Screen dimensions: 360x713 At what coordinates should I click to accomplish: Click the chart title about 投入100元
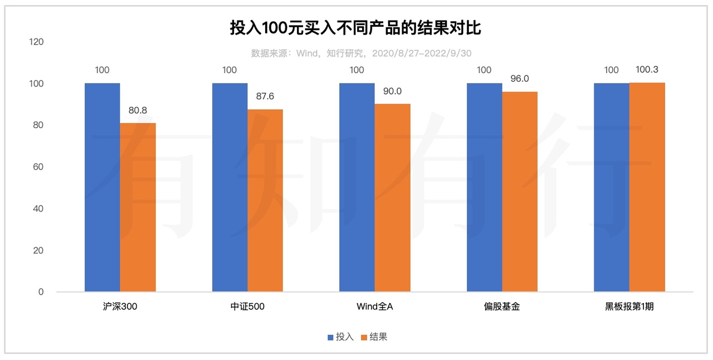[355, 27]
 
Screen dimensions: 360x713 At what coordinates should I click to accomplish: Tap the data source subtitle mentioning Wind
[361, 53]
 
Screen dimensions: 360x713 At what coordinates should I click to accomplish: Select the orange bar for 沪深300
[138, 207]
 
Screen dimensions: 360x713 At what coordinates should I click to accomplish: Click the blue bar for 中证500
[229, 187]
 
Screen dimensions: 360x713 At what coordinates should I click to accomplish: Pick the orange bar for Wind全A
[392, 197]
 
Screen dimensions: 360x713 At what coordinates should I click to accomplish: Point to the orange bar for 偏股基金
[520, 191]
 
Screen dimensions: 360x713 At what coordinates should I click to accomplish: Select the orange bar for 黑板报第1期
[647, 187]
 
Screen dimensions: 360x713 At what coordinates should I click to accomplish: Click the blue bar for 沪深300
[102, 187]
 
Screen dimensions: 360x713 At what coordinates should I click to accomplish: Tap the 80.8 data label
[138, 110]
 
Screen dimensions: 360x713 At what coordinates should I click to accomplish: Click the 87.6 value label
[265, 96]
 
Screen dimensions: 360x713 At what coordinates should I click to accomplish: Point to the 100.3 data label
[647, 70]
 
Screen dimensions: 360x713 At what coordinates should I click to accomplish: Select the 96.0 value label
[519, 79]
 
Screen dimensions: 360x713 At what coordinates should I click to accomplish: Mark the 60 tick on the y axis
[38, 167]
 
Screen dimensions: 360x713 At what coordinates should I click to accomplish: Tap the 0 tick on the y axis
[41, 291]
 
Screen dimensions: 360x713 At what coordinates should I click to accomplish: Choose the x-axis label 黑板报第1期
[629, 307]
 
